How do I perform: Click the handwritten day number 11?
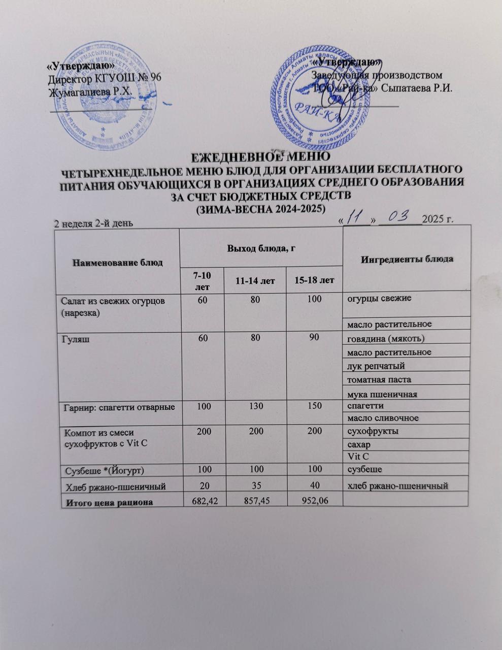(357, 217)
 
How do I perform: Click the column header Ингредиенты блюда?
(407, 259)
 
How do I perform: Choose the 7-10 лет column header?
(202, 279)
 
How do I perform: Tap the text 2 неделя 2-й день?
(93, 224)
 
